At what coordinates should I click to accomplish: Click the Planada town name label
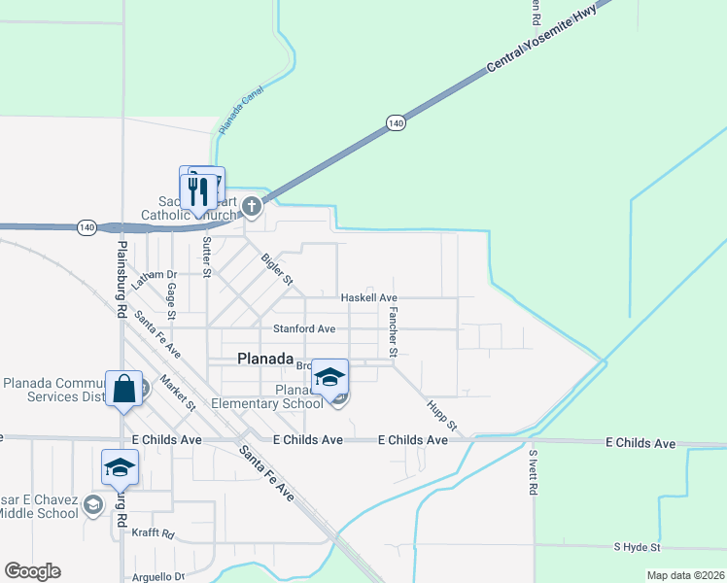coord(265,359)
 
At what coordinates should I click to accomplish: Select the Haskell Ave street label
coord(369,297)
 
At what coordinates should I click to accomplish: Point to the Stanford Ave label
coord(304,329)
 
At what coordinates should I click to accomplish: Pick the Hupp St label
coord(440,413)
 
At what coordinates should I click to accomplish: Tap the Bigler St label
coord(277,269)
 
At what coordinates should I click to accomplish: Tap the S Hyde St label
coord(637,548)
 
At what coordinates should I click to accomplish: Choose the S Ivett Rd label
coord(533,473)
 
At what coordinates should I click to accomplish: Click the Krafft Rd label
coord(154,534)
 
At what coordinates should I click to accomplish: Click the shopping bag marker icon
coord(123,391)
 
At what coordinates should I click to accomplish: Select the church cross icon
coord(252,205)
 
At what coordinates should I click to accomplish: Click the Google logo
coord(32,571)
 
